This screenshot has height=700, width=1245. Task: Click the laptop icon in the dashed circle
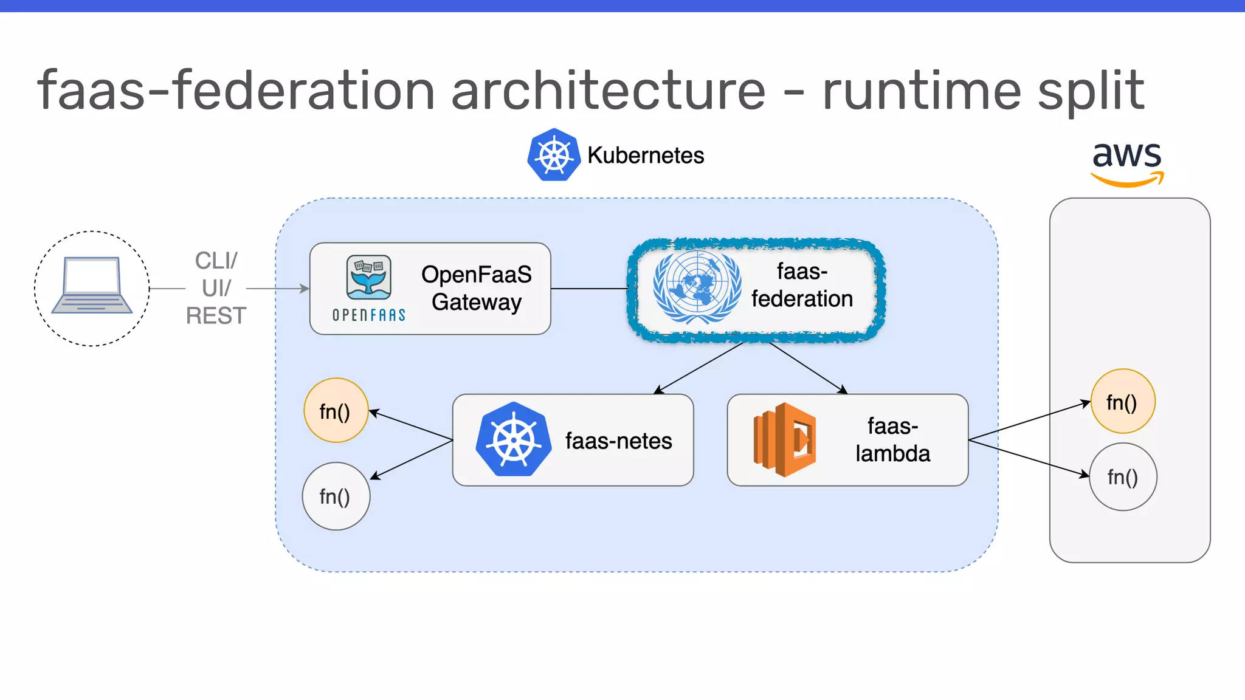pos(92,285)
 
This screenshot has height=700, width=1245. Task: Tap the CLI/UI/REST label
pos(216,288)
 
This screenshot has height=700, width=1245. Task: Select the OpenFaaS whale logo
pos(368,278)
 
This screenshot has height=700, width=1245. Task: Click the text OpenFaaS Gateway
pos(476,288)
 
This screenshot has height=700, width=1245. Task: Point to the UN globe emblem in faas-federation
pos(697,286)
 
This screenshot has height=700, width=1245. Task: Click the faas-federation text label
pos(802,285)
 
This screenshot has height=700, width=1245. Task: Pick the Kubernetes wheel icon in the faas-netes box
pos(514,439)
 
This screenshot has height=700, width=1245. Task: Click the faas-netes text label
pos(618,441)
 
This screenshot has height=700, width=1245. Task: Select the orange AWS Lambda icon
pos(784,439)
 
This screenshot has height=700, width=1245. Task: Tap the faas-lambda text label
pos(892,440)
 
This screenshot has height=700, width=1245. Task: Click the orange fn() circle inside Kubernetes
pos(336,411)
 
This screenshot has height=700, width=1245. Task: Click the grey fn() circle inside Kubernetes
pos(336,496)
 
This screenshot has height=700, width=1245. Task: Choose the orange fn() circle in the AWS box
pos(1122,402)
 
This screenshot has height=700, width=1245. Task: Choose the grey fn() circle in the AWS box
pos(1122,477)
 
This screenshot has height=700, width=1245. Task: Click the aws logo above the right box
pos(1127,161)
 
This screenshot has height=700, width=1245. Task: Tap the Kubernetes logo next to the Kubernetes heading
pos(554,155)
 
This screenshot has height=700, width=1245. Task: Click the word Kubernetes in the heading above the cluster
pos(646,156)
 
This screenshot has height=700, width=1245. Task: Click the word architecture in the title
pos(608,91)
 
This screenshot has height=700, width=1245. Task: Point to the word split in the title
pos(1091,91)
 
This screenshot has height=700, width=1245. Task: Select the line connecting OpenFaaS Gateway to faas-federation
pos(588,289)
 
